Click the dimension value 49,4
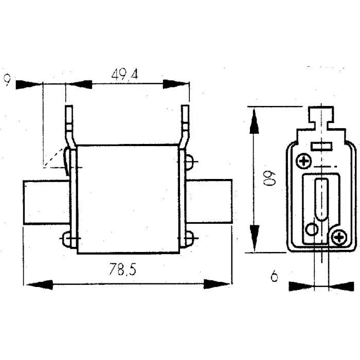click(x=125, y=75)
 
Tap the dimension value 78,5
click(x=119, y=269)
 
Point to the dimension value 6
click(x=274, y=276)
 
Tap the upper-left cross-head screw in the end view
click(x=304, y=162)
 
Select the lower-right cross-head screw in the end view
click(x=338, y=237)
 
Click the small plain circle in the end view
click(x=311, y=229)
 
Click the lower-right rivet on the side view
click(x=189, y=238)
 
